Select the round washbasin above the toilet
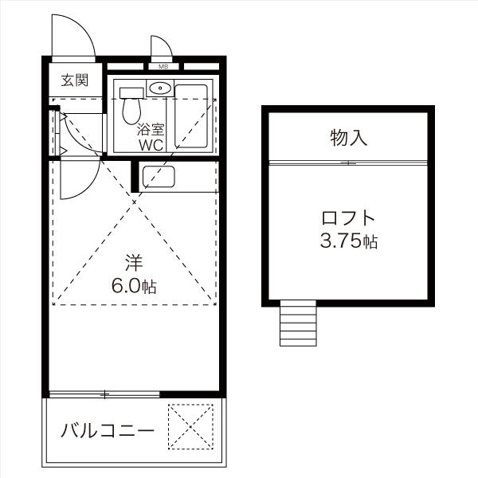click(160, 88)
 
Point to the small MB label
click(163, 66)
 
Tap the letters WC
click(151, 146)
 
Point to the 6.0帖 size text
click(133, 286)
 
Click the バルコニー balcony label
click(107, 432)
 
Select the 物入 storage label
click(348, 138)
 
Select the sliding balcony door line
click(104, 394)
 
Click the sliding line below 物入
click(348, 163)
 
